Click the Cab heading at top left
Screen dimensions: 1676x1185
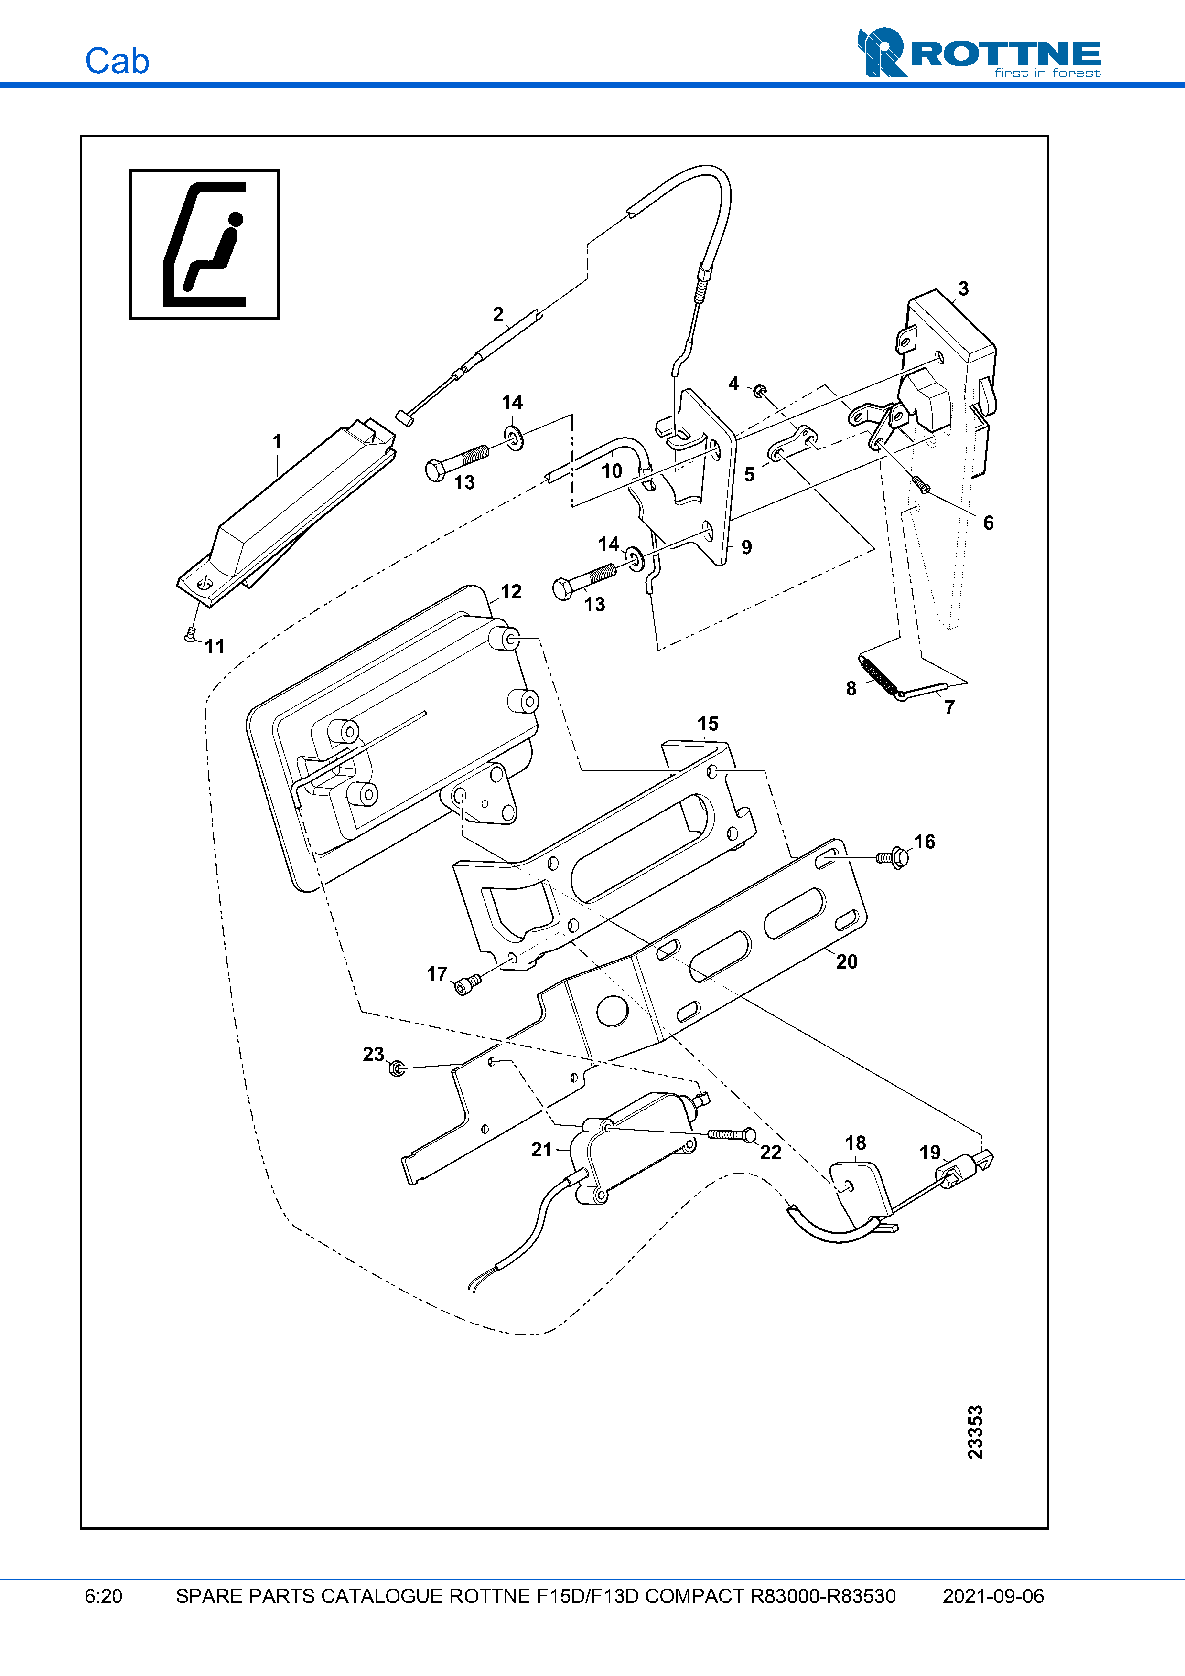click(117, 61)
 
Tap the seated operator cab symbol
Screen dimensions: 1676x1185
click(205, 245)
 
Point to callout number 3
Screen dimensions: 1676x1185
click(963, 289)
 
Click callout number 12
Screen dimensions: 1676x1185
click(511, 592)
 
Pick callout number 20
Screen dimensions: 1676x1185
click(846, 961)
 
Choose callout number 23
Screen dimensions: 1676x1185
click(373, 1054)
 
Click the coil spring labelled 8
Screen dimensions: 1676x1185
click(878, 675)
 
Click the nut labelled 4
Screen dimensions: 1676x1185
click(759, 391)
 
